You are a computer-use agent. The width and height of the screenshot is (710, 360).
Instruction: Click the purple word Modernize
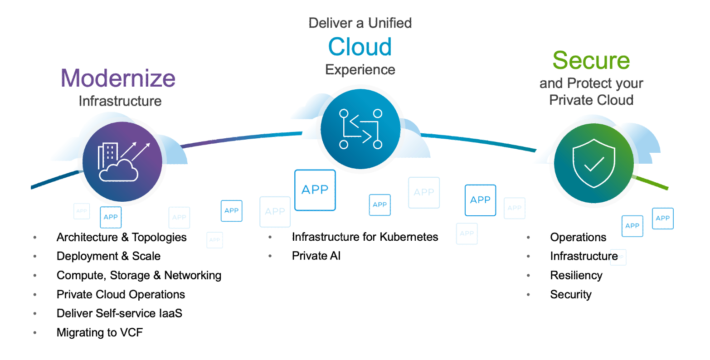118,78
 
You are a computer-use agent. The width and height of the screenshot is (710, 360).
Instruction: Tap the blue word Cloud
360,47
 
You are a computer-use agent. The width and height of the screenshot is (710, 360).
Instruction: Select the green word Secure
591,60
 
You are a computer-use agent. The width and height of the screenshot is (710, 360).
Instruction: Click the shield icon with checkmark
593,163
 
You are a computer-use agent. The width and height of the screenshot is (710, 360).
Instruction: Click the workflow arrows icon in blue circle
360,129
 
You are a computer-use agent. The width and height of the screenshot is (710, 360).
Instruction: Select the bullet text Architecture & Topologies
122,237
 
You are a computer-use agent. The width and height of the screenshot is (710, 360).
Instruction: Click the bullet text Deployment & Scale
108,256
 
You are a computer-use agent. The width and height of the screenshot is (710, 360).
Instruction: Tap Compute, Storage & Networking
139,275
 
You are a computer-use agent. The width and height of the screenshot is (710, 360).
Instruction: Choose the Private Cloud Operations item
121,294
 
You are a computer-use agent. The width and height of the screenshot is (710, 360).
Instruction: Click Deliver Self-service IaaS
119,313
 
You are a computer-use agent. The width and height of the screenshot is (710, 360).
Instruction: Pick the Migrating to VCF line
100,332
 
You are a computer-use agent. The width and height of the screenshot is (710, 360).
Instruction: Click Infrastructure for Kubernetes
365,237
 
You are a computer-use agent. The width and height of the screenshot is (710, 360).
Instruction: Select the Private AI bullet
316,256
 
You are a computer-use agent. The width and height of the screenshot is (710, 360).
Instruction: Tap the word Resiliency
576,275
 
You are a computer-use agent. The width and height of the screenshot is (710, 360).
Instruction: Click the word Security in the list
571,294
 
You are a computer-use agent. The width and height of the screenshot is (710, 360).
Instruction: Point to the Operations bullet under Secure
578,237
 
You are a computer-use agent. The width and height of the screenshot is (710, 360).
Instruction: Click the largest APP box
315,190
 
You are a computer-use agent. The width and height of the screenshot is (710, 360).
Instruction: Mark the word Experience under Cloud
360,69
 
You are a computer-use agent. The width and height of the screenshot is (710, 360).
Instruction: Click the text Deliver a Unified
360,23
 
